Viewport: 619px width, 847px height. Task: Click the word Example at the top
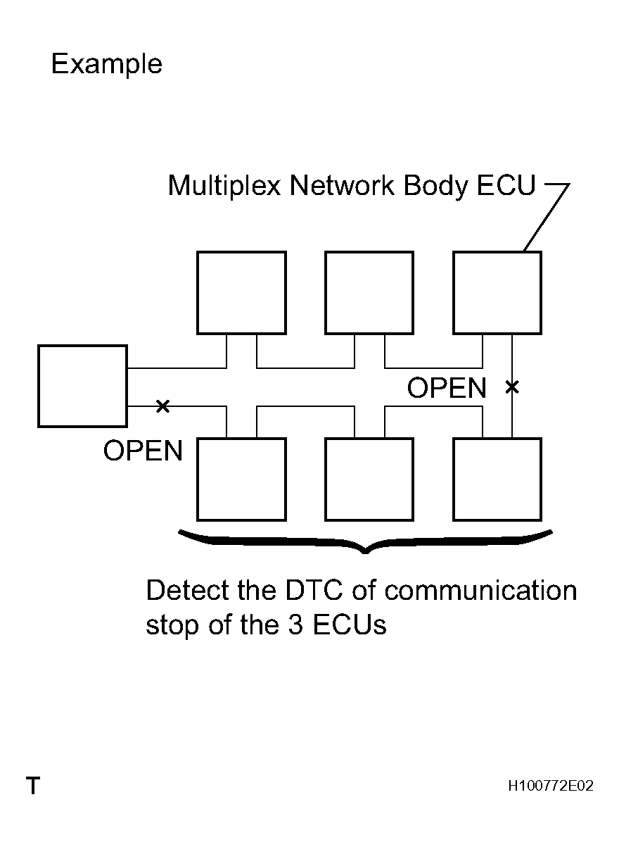pos(106,65)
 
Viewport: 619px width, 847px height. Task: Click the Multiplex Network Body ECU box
pos(497,292)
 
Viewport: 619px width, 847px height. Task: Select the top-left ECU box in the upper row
pos(241,292)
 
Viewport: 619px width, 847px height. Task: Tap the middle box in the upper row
pos(369,292)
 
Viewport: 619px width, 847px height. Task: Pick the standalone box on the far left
pos(82,386)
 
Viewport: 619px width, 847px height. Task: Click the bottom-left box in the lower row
pos(241,479)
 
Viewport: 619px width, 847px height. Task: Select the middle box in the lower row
pos(369,479)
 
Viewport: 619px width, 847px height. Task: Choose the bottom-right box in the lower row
pos(497,479)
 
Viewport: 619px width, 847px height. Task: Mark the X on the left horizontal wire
pos(162,406)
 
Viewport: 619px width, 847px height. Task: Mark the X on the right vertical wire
pos(512,386)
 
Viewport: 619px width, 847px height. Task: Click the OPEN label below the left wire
pos(143,451)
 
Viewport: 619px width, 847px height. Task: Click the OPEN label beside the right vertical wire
pos(447,389)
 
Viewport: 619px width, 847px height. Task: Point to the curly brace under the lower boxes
pos(365,542)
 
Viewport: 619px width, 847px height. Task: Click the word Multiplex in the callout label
pos(224,187)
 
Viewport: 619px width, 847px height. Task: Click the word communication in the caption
pos(480,590)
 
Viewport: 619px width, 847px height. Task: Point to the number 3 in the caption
pos(295,625)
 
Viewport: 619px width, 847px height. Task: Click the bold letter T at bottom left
pos(32,786)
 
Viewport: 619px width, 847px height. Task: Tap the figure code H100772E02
pos(550,786)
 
